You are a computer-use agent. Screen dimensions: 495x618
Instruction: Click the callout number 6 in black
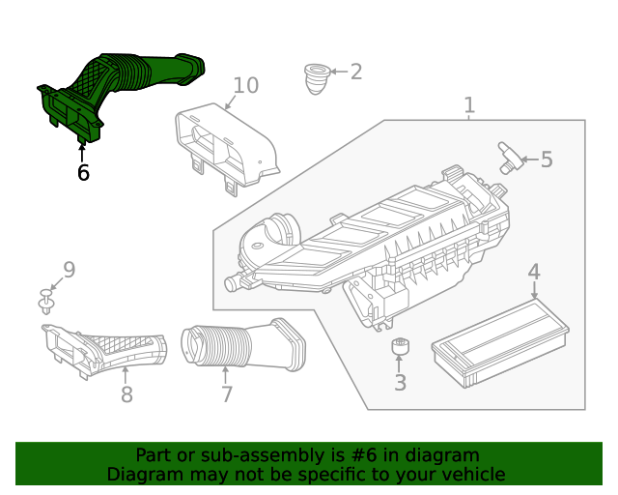83,173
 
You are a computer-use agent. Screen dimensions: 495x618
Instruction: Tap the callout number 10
245,85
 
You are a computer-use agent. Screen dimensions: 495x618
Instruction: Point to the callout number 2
355,72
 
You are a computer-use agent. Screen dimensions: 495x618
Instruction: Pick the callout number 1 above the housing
469,104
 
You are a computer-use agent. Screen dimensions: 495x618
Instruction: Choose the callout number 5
547,160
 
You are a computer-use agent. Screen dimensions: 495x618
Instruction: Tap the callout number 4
534,274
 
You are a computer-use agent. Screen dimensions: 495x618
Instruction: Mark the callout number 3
400,383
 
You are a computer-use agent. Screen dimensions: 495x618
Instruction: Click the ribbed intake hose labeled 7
241,342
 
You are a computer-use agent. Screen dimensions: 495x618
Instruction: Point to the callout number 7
227,394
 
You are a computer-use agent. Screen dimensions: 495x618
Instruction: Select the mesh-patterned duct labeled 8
106,349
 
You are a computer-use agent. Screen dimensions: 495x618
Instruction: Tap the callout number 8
126,394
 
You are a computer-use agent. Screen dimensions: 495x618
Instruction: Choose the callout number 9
69,270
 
